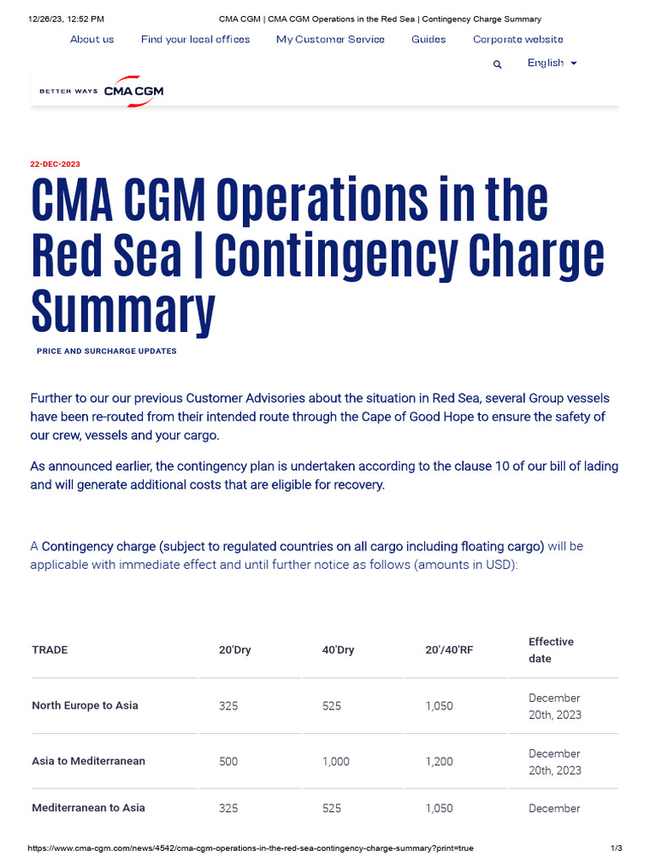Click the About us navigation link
coord(91,39)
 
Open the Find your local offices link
coord(196,39)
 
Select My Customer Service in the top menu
coord(330,39)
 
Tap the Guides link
coord(428,39)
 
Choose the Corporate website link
coord(517,39)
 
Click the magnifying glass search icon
coord(498,64)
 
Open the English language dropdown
coord(552,64)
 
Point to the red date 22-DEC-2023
coord(55,164)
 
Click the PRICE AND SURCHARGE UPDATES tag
coord(107,351)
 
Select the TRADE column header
coord(50,650)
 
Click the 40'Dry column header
coord(338,650)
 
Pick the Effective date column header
coord(551,649)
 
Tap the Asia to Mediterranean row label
coord(88,761)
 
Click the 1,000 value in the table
coord(336,761)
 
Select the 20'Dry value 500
coord(229,761)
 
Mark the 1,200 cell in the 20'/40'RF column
coord(439,761)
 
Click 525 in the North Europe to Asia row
coord(332,705)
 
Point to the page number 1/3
coord(616,848)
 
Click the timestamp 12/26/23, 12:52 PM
coord(66,19)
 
